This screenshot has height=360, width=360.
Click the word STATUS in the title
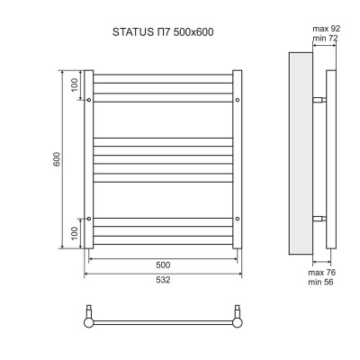(131, 33)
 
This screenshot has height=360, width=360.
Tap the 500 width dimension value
(163, 265)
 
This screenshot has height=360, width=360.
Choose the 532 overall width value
(163, 280)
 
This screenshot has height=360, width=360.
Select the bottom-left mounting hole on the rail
(89, 218)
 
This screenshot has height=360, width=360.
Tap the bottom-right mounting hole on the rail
(237, 218)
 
